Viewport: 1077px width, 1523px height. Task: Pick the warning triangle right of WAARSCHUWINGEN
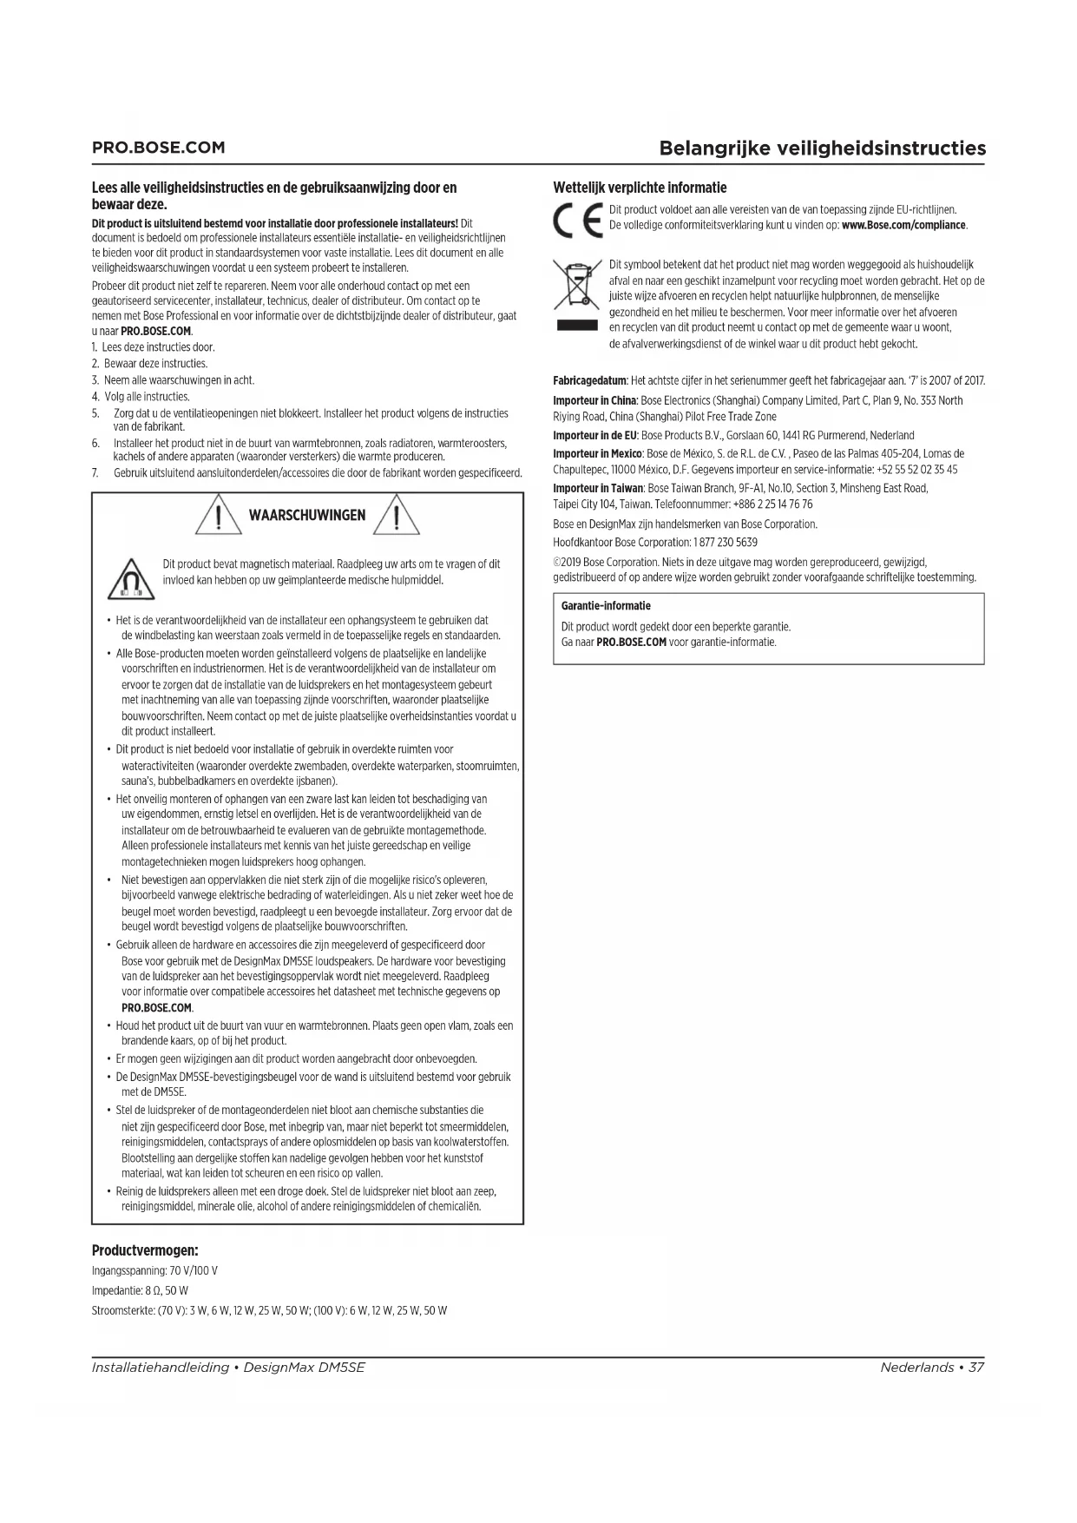click(x=397, y=516)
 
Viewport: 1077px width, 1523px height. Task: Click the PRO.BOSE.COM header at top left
click(x=158, y=148)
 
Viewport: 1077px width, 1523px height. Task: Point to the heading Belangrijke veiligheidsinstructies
click(x=822, y=148)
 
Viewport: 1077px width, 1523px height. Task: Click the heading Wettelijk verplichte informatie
click(x=640, y=188)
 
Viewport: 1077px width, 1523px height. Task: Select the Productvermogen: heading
click(x=145, y=1250)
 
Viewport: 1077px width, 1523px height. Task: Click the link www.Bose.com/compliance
click(x=903, y=226)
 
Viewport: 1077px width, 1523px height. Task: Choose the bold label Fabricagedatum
click(x=589, y=381)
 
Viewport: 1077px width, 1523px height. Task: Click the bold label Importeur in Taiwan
click(x=598, y=489)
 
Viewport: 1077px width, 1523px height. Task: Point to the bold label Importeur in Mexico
click(x=597, y=454)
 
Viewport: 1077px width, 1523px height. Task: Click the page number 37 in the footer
click(x=976, y=1368)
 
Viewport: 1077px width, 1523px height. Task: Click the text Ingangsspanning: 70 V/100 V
click(x=154, y=1270)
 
